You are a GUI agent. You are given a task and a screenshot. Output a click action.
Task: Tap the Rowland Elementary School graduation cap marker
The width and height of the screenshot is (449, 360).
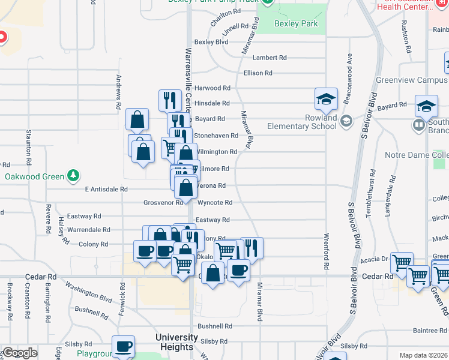pos(326,99)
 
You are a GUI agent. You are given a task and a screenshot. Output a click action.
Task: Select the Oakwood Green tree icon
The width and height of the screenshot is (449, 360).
pos(73,176)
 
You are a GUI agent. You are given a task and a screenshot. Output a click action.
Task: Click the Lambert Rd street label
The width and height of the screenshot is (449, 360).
pos(270,58)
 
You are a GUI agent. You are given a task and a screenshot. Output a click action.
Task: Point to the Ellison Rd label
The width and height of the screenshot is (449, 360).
pos(258,73)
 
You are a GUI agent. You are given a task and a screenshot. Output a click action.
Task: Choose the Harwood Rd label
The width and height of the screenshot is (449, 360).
pos(212,88)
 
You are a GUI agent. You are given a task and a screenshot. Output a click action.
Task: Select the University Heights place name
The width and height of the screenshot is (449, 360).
pos(176,342)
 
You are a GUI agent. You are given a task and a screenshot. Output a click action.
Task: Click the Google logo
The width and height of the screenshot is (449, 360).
pos(19,353)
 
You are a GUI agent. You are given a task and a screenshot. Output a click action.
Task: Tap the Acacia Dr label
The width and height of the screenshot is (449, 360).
pos(375,259)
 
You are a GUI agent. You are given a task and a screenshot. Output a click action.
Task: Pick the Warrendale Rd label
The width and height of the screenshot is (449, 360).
pos(88,230)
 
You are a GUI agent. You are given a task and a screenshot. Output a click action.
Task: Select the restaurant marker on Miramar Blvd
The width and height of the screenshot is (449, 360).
pos(252,247)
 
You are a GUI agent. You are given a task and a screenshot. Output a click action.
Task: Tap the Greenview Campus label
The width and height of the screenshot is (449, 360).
pos(404,80)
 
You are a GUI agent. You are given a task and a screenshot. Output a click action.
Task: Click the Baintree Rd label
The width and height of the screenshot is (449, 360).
pos(426,330)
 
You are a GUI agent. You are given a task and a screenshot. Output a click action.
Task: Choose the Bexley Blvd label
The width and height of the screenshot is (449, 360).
pos(211,42)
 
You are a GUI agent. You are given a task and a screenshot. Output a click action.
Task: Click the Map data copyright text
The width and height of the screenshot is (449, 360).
pos(423,355)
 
